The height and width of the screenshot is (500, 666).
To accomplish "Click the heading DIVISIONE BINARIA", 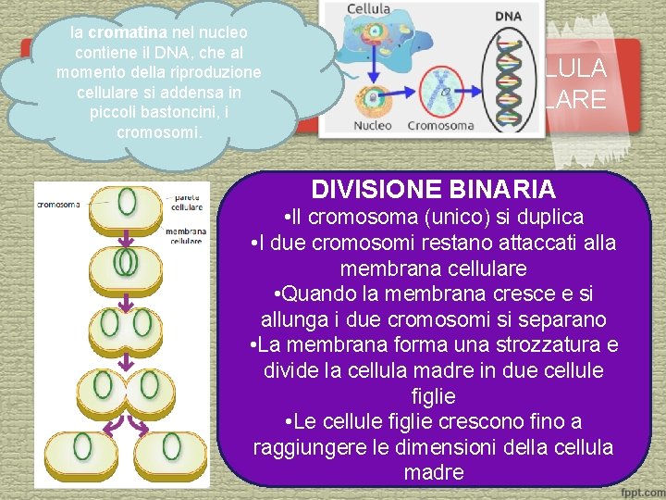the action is [433, 190].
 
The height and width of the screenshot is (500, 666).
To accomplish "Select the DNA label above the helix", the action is [508, 17].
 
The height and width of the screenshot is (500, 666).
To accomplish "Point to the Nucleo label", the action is [375, 124].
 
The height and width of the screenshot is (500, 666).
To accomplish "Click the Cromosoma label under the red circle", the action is [441, 124].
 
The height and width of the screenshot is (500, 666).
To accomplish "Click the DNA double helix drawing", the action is [509, 74].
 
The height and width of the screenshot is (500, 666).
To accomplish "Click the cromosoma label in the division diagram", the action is [57, 205].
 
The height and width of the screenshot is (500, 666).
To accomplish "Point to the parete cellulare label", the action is [188, 201].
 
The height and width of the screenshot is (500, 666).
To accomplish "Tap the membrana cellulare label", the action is [186, 236].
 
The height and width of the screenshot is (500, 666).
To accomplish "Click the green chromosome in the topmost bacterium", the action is [126, 203].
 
